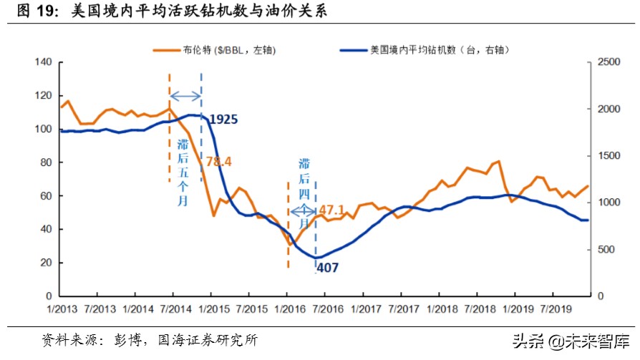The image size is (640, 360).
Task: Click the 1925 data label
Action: coord(223,119)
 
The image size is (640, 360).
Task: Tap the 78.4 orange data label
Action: coord(218,162)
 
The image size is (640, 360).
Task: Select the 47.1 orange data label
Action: coord(331,210)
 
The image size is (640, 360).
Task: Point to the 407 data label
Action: coord(326,268)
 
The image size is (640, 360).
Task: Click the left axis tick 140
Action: coord(43,62)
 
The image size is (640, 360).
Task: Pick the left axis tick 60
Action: coord(46,195)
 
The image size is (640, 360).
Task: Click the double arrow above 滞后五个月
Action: coord(185,97)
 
